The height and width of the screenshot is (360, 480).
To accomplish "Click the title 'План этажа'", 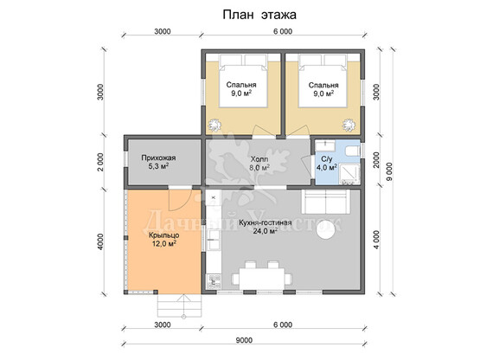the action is coord(259,15).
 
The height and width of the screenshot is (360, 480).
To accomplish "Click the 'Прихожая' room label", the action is coord(158,157).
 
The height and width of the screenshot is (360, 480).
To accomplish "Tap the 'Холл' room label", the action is coord(259,159).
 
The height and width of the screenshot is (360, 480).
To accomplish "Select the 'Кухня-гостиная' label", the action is coord(266,222).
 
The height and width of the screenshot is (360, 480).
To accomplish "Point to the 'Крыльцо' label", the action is coord(164,235).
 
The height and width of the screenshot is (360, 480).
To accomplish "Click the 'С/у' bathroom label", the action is coord(327,159).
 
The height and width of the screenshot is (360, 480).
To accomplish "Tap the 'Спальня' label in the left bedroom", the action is coord(241,85).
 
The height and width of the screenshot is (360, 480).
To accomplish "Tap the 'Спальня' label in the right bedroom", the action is coord(323,85).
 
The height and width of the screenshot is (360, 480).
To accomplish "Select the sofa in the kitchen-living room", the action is coord(326,202).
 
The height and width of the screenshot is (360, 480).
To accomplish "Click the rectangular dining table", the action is coord(262,279).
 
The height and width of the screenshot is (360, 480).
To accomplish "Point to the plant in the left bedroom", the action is coord(214,125).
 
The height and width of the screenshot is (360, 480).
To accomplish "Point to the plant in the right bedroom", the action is coord(349,125).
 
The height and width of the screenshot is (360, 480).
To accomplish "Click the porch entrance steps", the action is coord(180,305).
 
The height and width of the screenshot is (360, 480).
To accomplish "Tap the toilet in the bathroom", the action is coord(352,151).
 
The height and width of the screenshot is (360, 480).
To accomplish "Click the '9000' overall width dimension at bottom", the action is coord(244,340).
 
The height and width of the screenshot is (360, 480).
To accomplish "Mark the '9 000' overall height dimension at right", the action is coord(389,171).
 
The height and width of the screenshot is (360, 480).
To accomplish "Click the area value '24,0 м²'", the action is coord(266,231).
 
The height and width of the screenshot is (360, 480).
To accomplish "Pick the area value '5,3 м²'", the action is coord(158,166).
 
